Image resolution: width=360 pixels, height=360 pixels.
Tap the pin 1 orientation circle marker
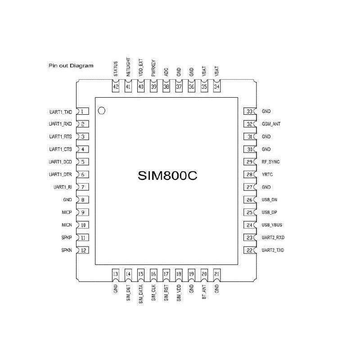(102, 110)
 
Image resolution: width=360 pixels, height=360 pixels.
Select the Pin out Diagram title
(71, 66)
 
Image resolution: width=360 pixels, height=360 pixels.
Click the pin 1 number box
(82, 111)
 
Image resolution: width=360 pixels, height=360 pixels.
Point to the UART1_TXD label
(60, 111)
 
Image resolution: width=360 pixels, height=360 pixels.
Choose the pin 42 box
(116, 87)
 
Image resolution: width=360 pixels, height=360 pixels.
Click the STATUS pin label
(116, 69)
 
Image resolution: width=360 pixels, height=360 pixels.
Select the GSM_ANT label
(271, 124)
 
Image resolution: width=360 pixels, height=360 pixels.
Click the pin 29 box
(249, 162)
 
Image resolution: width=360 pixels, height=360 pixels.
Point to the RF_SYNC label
(271, 162)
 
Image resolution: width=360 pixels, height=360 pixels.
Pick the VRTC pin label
(267, 174)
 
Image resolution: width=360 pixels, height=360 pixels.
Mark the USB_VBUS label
(272, 225)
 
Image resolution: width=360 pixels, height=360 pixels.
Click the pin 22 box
(249, 250)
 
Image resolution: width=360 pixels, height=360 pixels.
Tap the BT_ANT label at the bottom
(204, 292)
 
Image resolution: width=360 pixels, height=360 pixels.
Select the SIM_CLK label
(154, 292)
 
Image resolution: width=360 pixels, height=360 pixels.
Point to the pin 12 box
(83, 250)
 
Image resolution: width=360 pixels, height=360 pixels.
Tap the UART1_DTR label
(60, 174)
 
